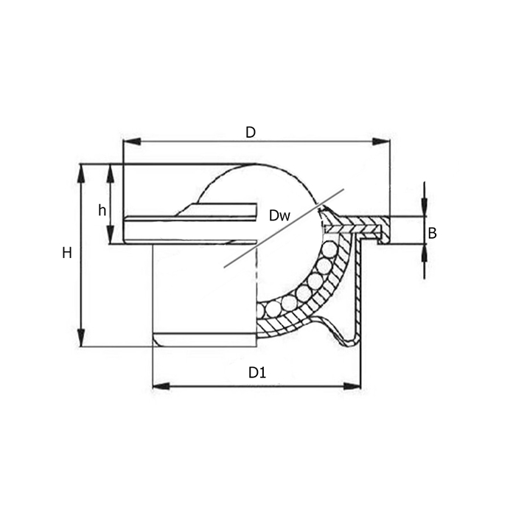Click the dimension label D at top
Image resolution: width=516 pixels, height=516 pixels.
click(x=251, y=132)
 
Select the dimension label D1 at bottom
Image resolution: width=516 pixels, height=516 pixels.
click(x=257, y=373)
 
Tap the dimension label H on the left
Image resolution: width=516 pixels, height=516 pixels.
click(x=67, y=254)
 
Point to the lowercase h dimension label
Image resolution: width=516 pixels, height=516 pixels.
click(x=102, y=210)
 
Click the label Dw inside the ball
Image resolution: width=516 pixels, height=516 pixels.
click(x=279, y=215)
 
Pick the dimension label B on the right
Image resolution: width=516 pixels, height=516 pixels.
click(x=433, y=233)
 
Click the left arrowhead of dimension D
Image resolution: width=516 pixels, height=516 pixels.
click(x=132, y=142)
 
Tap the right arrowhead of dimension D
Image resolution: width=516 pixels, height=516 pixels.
click(x=381, y=142)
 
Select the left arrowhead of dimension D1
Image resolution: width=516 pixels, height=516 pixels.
click(x=161, y=386)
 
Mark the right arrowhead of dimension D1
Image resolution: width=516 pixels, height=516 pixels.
click(x=352, y=386)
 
